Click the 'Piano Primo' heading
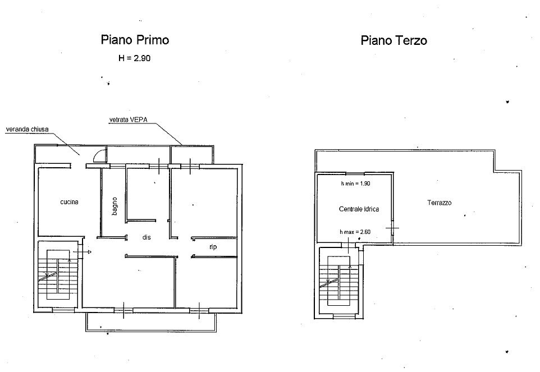point(135,40)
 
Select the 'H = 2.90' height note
point(135,57)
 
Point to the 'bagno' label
point(115,205)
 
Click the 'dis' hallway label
point(147,237)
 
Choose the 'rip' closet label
point(213,246)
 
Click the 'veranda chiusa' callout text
point(27,129)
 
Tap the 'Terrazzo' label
point(440,203)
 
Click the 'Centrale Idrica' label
point(359,209)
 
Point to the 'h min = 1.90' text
point(356,183)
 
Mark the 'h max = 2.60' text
point(355,232)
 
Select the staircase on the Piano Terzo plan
point(338,281)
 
